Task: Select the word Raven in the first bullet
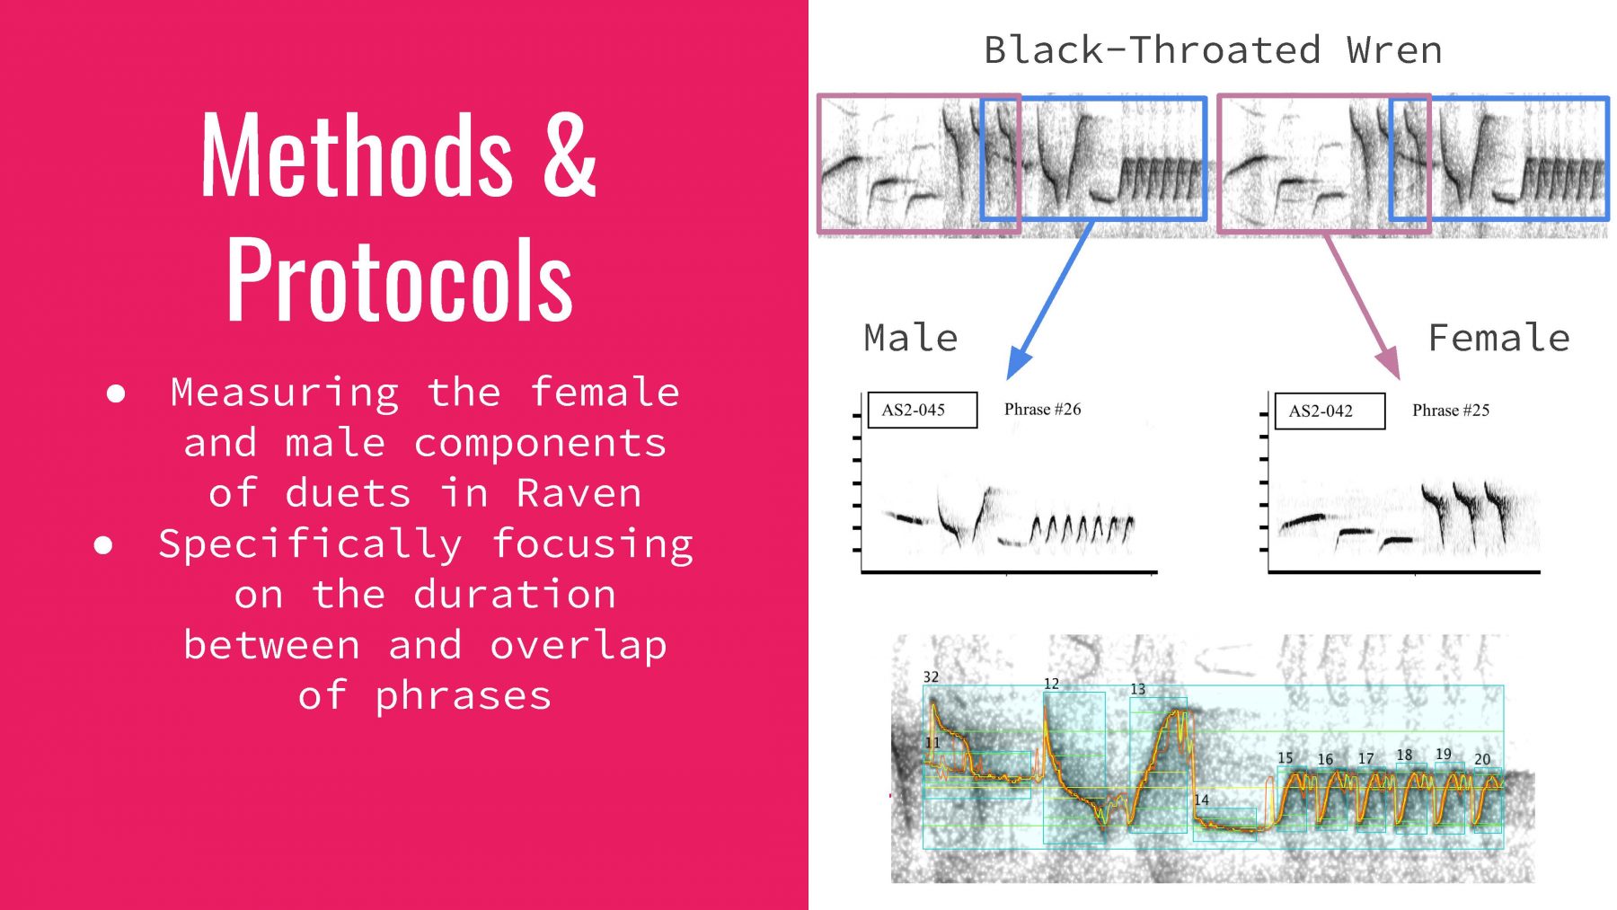click(x=579, y=493)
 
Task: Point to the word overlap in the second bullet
click(x=579, y=645)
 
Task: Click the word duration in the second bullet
click(x=515, y=594)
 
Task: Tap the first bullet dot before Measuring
click(x=116, y=393)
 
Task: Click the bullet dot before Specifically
click(x=103, y=544)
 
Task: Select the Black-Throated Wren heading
click(x=1213, y=50)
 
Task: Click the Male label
click(x=911, y=339)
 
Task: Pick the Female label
click(x=1498, y=339)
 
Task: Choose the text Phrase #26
click(x=1042, y=410)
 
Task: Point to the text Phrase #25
click(x=1451, y=411)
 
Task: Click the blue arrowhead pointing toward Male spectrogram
click(x=1020, y=362)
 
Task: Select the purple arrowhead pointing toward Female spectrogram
click(x=1389, y=362)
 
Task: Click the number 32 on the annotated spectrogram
click(x=931, y=677)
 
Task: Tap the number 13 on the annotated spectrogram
click(x=1137, y=690)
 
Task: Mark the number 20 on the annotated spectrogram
click(x=1482, y=760)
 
